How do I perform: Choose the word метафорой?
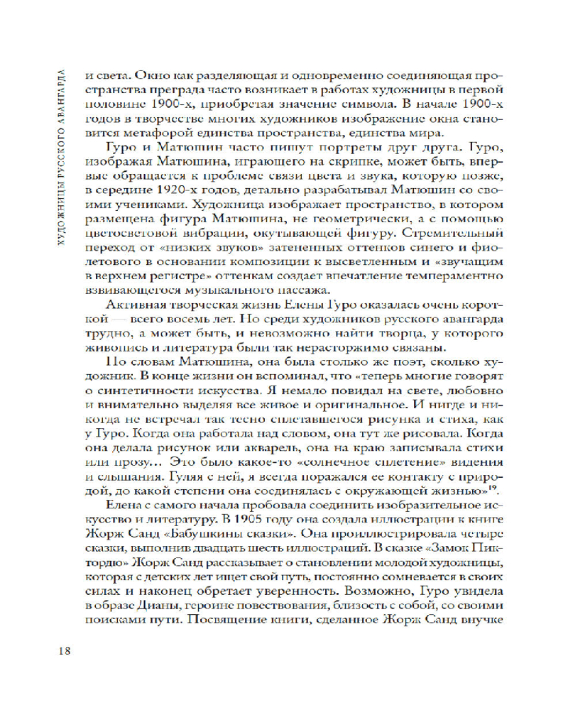[x=165, y=134]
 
